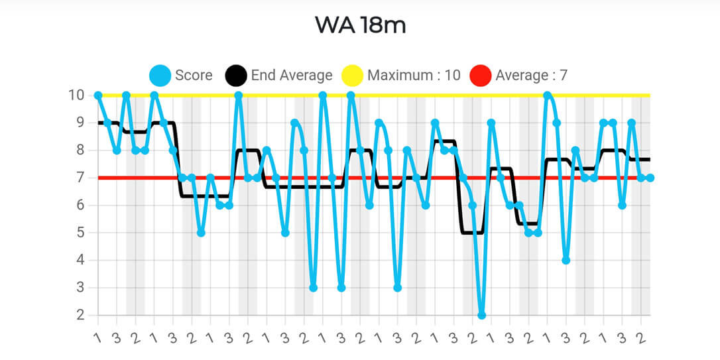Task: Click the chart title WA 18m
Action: [x=359, y=25]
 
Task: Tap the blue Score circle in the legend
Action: [x=161, y=75]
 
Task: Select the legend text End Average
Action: [x=291, y=75]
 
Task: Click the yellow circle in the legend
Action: [x=353, y=75]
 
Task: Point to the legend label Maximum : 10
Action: [x=414, y=75]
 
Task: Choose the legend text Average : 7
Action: [x=531, y=75]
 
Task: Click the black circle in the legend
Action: [x=237, y=75]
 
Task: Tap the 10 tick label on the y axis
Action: [x=78, y=95]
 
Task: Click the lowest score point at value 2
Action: [x=481, y=315]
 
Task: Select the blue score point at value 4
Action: [x=566, y=260]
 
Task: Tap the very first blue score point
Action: [x=98, y=95]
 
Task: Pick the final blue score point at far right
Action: [x=650, y=178]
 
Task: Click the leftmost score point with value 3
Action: [x=313, y=288]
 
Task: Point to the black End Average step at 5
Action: [x=472, y=233]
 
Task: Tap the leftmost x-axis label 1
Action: [x=98, y=337]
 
